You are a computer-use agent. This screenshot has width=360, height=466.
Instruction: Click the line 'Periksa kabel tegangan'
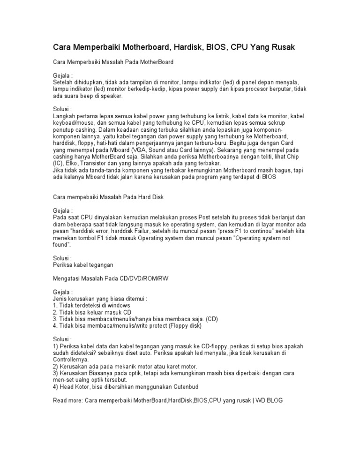pos(83,265)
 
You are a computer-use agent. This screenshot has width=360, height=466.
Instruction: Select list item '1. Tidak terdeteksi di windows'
pos(93,306)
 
